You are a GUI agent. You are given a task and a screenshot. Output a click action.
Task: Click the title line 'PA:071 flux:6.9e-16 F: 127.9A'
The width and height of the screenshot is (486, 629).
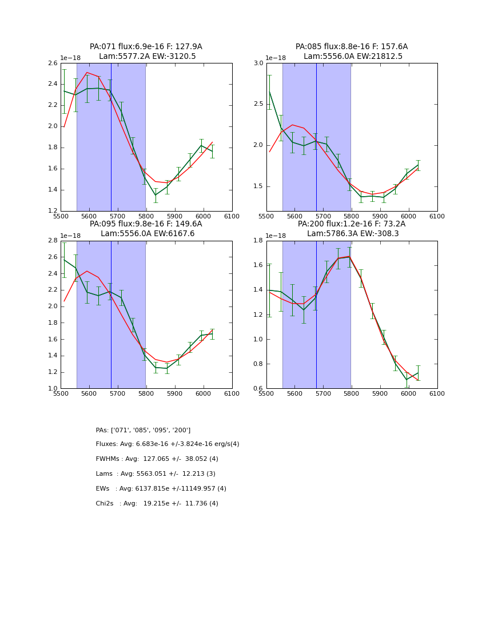146,47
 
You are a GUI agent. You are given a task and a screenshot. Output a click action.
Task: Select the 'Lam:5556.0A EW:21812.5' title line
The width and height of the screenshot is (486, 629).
351,56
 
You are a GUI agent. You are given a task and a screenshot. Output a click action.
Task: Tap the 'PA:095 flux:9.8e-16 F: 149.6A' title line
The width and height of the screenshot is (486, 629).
146,224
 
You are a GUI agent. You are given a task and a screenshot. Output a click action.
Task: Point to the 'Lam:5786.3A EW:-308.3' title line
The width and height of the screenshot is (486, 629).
351,233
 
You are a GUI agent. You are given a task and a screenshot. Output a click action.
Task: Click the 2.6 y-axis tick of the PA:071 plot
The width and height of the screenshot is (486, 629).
53,63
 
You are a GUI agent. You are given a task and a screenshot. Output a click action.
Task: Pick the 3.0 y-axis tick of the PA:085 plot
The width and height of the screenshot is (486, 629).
258,63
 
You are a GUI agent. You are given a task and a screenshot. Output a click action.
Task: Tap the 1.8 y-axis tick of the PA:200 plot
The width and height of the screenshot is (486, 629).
258,240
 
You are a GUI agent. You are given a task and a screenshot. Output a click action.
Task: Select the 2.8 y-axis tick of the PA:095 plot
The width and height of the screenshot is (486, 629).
53,240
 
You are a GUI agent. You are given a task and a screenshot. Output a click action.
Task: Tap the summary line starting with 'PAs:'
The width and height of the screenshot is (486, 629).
143,430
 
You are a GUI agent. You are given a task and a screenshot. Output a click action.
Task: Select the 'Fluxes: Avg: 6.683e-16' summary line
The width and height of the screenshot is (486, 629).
168,444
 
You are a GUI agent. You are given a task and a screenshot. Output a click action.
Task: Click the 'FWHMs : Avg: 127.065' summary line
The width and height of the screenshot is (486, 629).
157,459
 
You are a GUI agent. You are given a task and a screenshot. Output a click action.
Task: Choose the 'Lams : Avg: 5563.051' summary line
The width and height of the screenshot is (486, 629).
156,474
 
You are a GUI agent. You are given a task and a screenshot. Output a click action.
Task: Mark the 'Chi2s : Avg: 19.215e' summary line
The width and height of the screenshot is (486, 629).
157,504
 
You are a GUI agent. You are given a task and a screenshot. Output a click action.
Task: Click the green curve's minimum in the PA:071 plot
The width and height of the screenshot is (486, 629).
155,195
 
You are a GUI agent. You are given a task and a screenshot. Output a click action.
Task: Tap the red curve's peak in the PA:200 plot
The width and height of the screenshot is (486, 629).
349,256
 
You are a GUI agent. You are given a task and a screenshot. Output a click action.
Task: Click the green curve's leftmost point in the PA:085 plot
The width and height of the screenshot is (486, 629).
269,91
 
